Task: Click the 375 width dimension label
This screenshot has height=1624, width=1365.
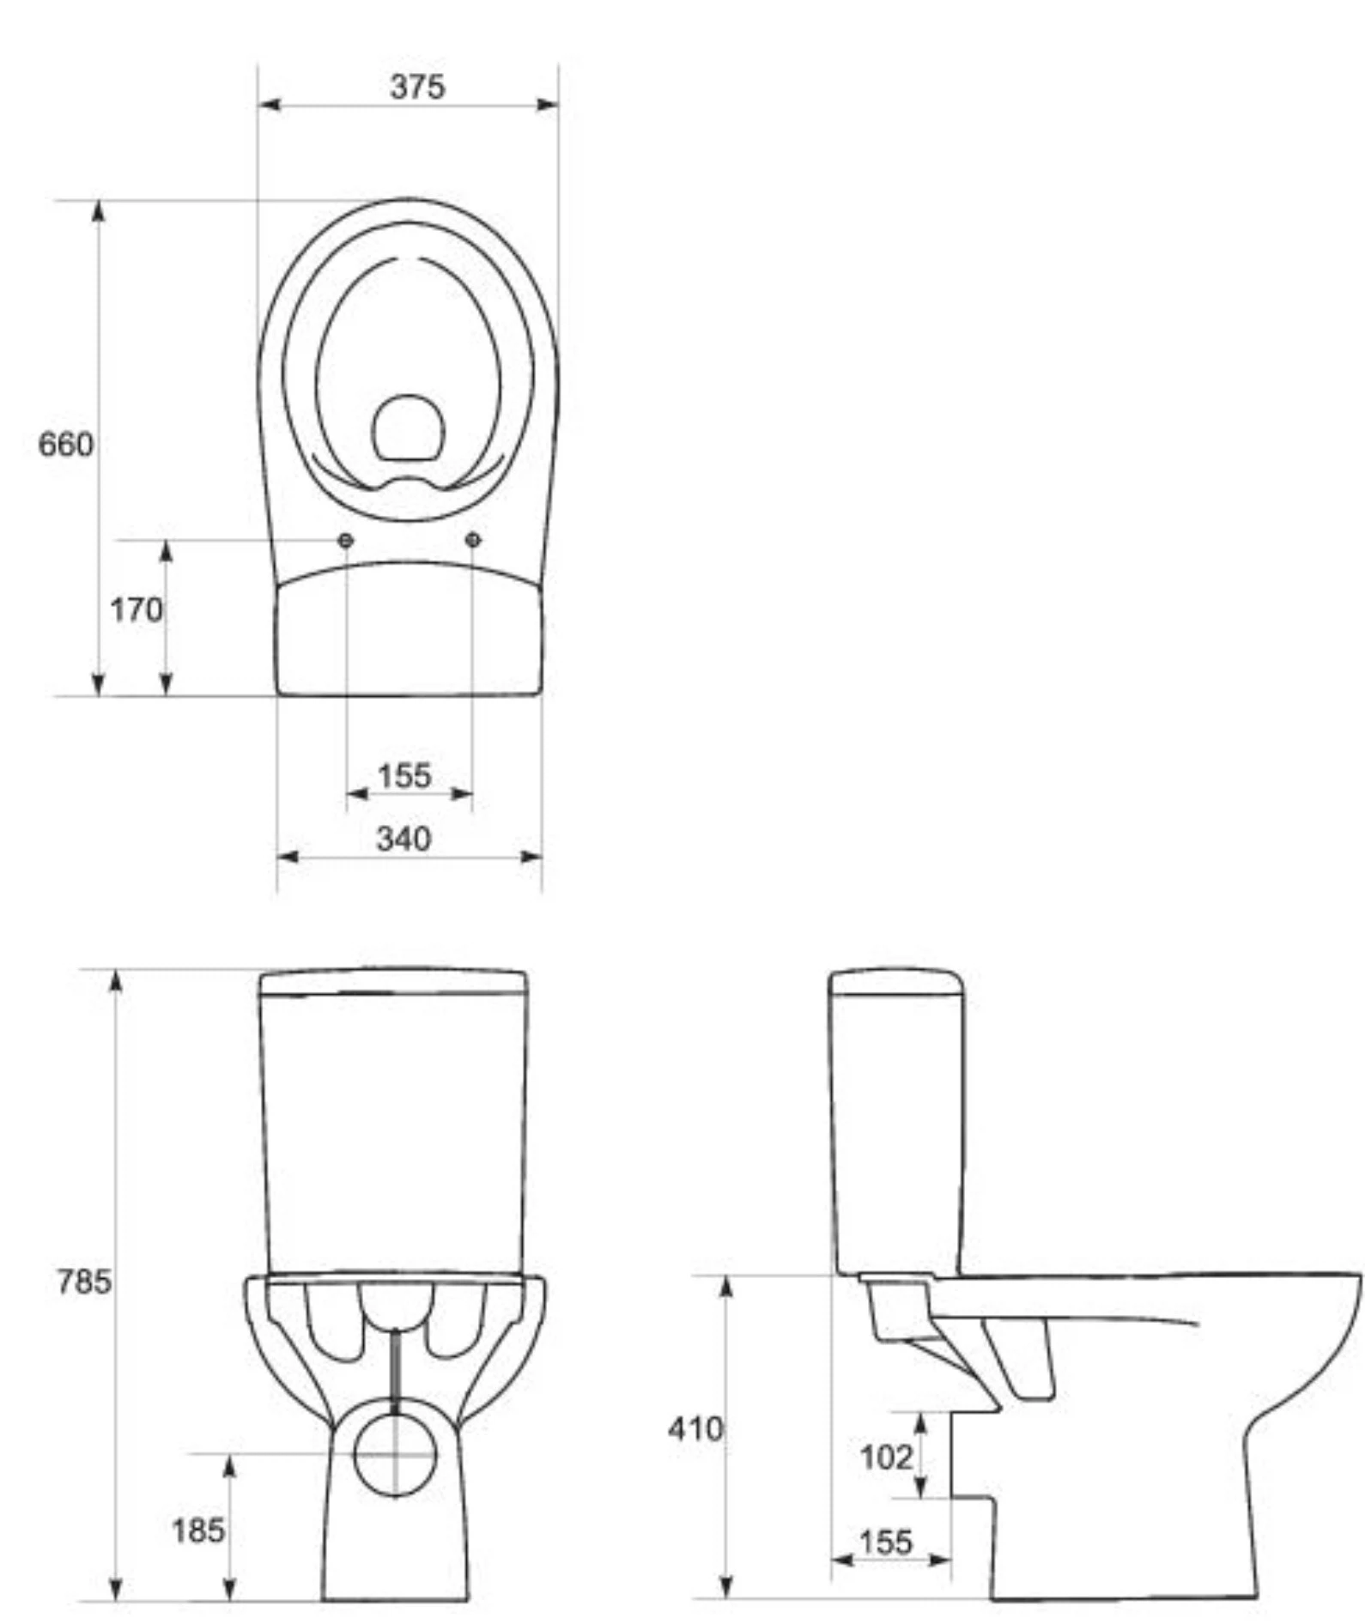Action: click(x=417, y=86)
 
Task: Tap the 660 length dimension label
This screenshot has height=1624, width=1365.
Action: click(x=66, y=444)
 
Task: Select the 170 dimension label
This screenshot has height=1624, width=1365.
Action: click(x=136, y=610)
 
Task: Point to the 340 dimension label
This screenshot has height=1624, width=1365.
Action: click(x=403, y=838)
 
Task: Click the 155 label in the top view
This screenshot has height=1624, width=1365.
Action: click(x=404, y=776)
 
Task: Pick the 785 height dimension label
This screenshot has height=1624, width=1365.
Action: click(x=84, y=1282)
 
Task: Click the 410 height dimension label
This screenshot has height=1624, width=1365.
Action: click(x=696, y=1429)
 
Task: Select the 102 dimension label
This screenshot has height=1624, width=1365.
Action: click(x=887, y=1457)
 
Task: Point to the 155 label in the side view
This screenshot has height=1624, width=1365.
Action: click(x=885, y=1542)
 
